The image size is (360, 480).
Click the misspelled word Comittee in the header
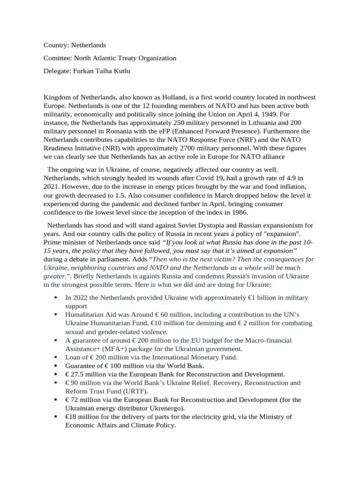[57, 58]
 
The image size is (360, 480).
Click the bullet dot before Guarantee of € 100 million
[56, 366]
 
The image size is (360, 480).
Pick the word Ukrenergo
[164, 408]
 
